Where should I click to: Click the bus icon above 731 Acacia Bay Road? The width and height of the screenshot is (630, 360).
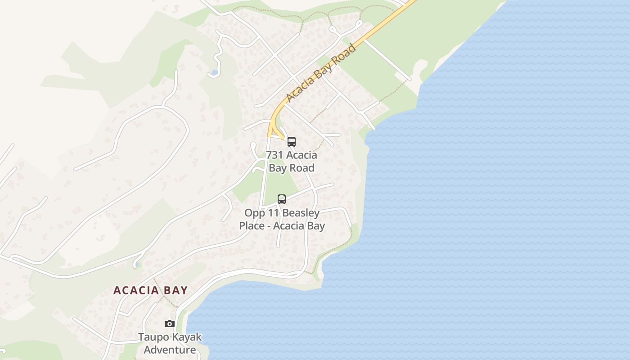click(x=292, y=142)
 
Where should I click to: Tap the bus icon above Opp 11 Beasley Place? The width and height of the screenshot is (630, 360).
click(x=282, y=199)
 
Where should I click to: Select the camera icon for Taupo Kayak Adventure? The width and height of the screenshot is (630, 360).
click(x=169, y=324)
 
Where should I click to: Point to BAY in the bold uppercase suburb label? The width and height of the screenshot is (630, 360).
click(x=176, y=290)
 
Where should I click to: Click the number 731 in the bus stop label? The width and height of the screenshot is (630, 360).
click(x=274, y=155)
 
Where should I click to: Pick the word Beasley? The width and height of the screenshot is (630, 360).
click(x=302, y=213)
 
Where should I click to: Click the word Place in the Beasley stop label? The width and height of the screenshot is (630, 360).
click(x=252, y=225)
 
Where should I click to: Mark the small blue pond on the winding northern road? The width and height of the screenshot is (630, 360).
click(x=214, y=72)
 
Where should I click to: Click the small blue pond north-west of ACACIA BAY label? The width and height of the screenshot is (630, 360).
click(x=136, y=265)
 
